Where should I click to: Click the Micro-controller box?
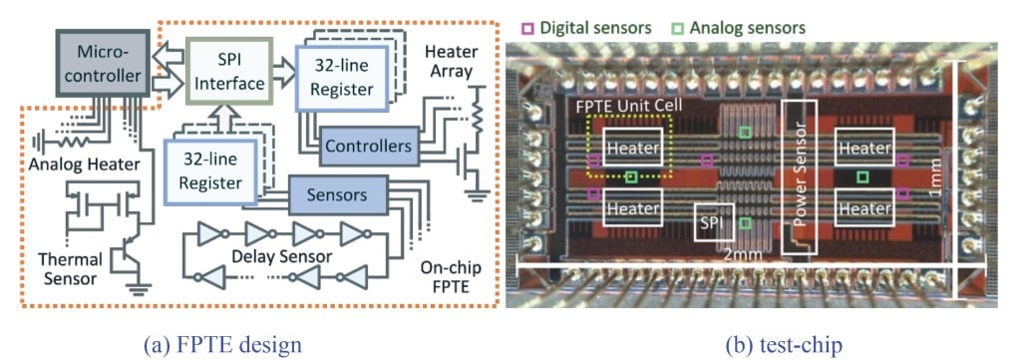pyautogui.click(x=102, y=61)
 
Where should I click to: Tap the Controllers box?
pyautogui.click(x=367, y=146)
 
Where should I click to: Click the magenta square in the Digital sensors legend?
pyautogui.click(x=529, y=29)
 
